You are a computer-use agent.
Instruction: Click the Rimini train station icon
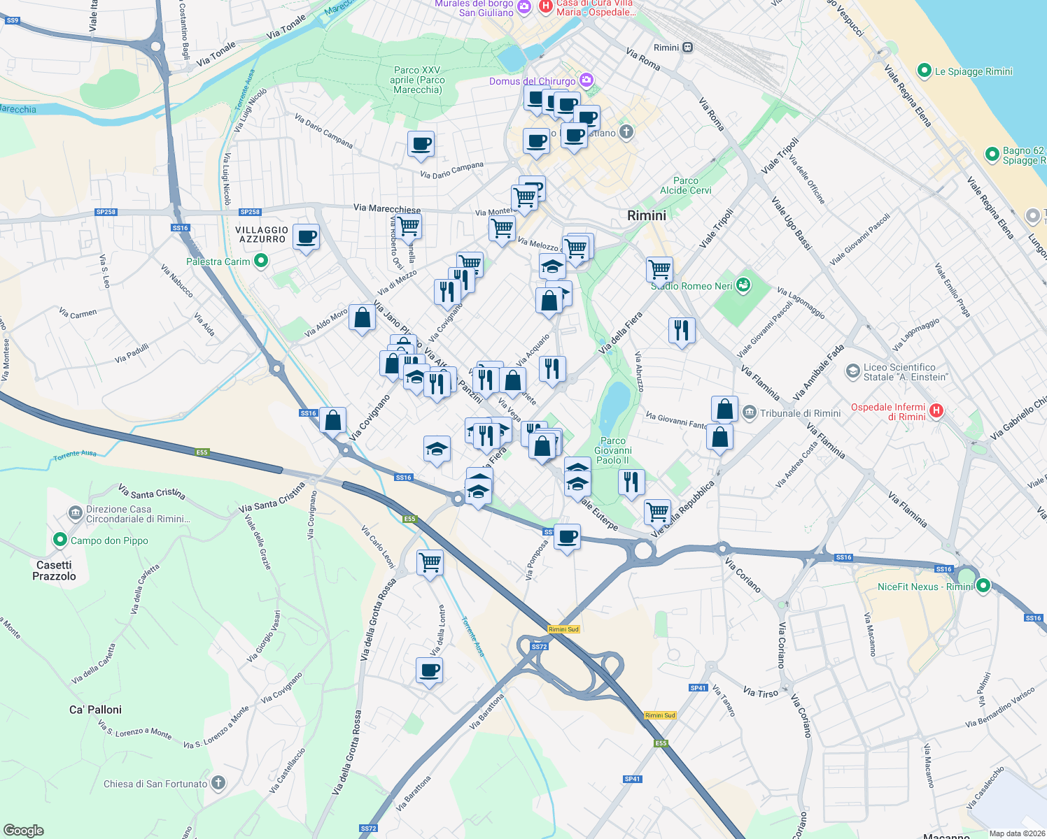688,48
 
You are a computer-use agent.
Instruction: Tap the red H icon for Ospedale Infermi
936,411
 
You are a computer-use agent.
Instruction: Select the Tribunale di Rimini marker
750,413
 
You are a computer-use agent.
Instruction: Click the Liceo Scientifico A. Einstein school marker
852,371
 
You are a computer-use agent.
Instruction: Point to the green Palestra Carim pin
261,261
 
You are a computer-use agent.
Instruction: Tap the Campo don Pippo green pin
59,540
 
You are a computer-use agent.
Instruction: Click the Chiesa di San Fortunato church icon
218,783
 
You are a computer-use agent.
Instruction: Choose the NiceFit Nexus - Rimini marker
983,586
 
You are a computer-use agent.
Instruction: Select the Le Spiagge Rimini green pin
924,71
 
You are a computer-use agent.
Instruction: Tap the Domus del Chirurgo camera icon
586,81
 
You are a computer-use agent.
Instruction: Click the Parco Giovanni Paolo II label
613,450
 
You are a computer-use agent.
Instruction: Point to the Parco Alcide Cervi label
685,185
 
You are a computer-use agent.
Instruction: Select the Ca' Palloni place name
95,710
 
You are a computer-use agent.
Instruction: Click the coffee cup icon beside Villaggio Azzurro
306,237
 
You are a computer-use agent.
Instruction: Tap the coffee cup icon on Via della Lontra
430,670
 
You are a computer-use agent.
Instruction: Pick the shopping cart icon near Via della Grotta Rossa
430,561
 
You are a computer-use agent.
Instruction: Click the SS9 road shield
12,21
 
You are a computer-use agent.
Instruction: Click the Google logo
24,830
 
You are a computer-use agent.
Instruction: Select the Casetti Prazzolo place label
54,571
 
